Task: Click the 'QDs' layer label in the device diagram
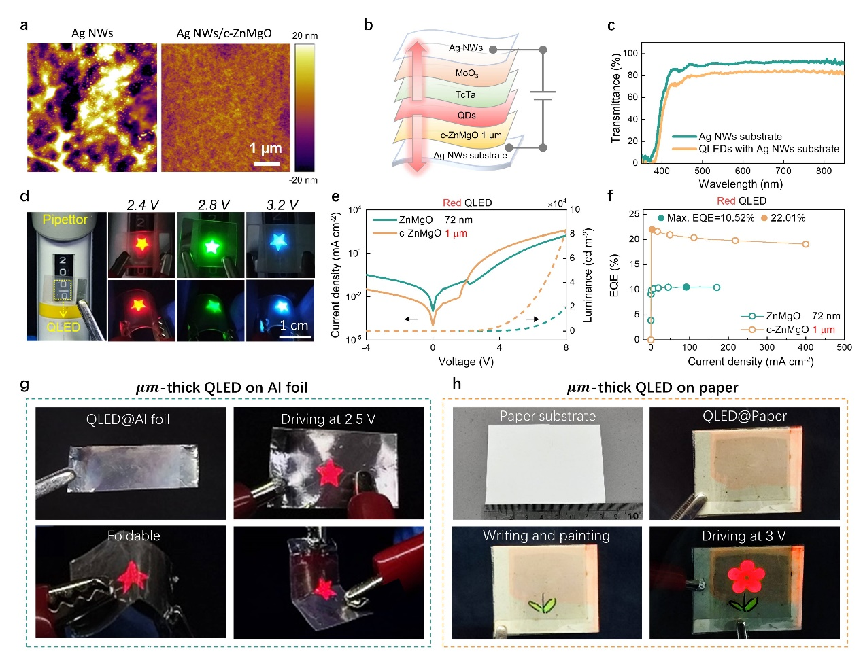pyautogui.click(x=467, y=116)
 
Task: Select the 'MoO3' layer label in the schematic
pyautogui.click(x=467, y=73)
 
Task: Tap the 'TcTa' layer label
pyautogui.click(x=466, y=95)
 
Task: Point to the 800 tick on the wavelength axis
pyautogui.click(x=824, y=171)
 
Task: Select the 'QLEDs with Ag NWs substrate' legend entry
pyautogui.click(x=768, y=149)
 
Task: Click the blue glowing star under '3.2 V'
pyautogui.click(x=278, y=241)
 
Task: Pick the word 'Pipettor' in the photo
pyautogui.click(x=65, y=220)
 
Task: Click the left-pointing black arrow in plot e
pyautogui.click(x=411, y=319)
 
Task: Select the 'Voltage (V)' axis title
pyautogui.click(x=466, y=362)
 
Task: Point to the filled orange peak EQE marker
pyautogui.click(x=652, y=230)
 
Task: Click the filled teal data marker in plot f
pyautogui.click(x=686, y=287)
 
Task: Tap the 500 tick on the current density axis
pyautogui.click(x=844, y=347)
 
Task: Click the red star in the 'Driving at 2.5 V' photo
pyautogui.click(x=331, y=472)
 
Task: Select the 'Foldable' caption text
pyautogui.click(x=134, y=536)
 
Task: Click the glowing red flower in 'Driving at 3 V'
pyautogui.click(x=747, y=577)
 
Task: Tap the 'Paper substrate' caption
pyautogui.click(x=547, y=416)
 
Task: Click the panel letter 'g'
pyautogui.click(x=25, y=385)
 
